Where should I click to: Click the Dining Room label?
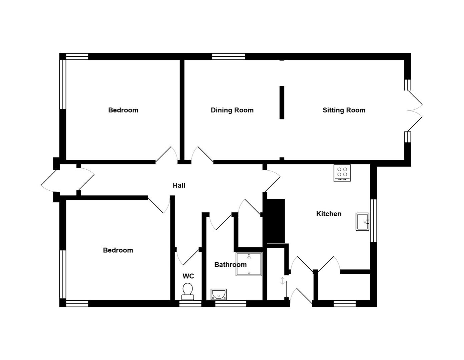coord(232,110)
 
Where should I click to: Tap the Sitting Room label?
coord(344,110)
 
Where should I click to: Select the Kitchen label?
coord(329,214)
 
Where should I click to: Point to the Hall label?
coord(179,185)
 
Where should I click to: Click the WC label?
coord(188,276)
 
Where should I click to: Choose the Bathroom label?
coord(230,265)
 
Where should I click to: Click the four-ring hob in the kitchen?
coord(342,173)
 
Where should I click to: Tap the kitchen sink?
coord(362,222)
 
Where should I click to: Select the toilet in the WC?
coord(187,291)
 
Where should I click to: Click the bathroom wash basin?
coord(218,294)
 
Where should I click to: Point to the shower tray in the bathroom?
coord(249,264)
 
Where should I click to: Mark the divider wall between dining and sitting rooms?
coord(282,102)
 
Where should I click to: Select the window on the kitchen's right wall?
coord(373,221)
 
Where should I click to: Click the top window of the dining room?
coord(228,56)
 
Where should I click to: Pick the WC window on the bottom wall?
coord(190,303)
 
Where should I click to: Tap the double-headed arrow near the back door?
coord(283,281)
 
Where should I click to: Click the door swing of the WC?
coord(187,257)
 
